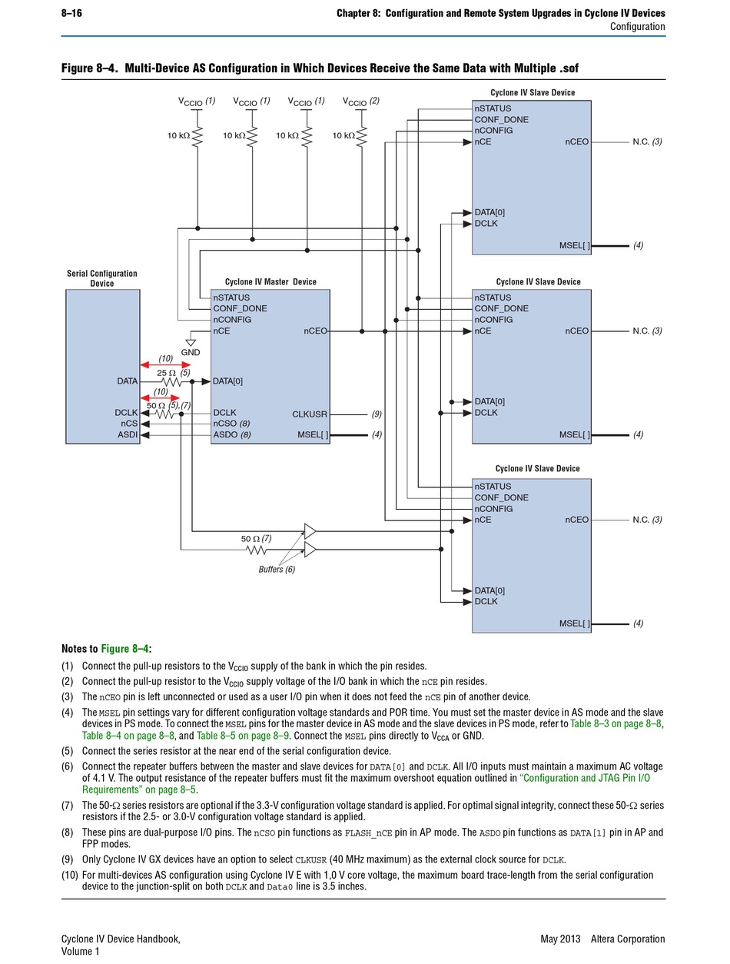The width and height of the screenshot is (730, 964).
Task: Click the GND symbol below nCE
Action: tap(191, 343)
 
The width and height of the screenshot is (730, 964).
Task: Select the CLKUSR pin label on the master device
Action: tap(310, 414)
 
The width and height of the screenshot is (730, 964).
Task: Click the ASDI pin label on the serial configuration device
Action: tap(128, 435)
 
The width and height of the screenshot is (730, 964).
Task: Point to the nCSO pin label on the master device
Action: tap(224, 424)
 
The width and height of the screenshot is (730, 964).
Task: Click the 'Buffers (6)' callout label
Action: tap(277, 569)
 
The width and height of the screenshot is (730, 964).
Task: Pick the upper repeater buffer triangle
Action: tap(310, 531)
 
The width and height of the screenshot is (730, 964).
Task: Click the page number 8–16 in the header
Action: tap(71, 13)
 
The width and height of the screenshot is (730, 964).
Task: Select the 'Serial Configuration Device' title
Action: tap(102, 278)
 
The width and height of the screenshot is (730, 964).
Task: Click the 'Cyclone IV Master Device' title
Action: tap(270, 281)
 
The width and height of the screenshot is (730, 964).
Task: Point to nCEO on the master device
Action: tap(315, 331)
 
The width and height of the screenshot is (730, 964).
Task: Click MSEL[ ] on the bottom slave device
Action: tap(574, 623)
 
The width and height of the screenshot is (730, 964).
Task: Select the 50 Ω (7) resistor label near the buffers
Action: tap(256, 538)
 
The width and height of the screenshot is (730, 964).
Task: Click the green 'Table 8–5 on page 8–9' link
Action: tap(242, 736)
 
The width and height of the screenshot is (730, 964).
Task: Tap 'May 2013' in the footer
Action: tap(560, 939)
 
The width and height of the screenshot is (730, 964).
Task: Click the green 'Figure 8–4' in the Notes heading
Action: tap(124, 649)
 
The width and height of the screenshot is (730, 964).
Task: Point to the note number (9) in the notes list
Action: tap(67, 859)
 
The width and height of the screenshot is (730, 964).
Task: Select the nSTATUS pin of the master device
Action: tap(231, 298)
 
